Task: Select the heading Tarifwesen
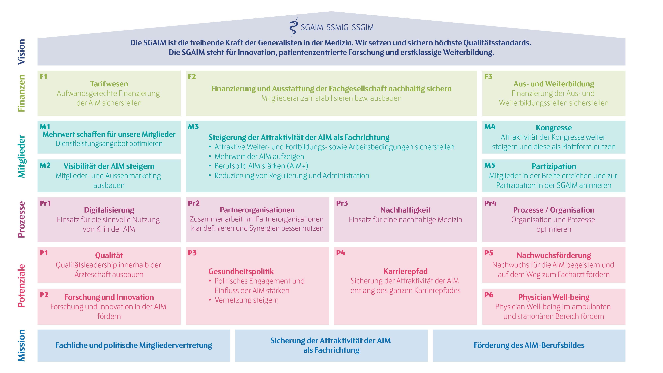pyautogui.click(x=109, y=84)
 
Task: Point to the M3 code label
pyautogui.click(x=193, y=127)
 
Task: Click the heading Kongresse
pyautogui.click(x=554, y=128)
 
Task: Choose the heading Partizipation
pyautogui.click(x=554, y=166)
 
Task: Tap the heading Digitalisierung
pyautogui.click(x=109, y=210)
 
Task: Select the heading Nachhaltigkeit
pyautogui.click(x=405, y=210)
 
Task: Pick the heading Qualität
pyautogui.click(x=109, y=255)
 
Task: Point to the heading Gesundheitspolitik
pyautogui.click(x=241, y=271)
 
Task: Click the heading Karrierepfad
pyautogui.click(x=405, y=271)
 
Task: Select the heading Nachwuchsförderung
pyautogui.click(x=554, y=255)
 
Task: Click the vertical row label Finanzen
pyautogui.click(x=21, y=93)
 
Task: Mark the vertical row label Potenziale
pyautogui.click(x=21, y=286)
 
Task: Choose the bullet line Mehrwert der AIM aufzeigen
pyautogui.click(x=259, y=156)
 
